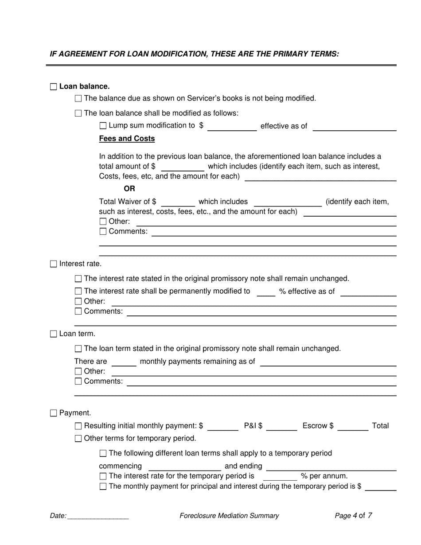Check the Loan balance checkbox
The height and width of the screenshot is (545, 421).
tap(54, 87)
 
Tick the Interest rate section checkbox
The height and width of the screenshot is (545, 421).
tap(54, 264)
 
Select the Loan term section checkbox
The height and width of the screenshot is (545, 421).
tap(54, 334)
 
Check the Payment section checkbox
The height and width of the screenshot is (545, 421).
tap(54, 413)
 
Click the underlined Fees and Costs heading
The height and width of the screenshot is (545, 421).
tap(127, 139)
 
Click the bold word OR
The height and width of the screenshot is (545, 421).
tap(129, 189)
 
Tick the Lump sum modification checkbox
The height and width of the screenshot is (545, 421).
tap(103, 126)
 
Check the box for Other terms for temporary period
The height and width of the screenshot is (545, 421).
tap(78, 439)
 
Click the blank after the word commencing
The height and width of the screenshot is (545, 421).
tap(184, 467)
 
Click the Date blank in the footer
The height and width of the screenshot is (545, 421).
tap(98, 517)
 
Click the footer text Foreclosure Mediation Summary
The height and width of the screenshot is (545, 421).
tap(229, 516)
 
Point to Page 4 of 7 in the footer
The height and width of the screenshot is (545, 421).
tap(353, 516)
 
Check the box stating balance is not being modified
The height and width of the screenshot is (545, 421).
tap(78, 99)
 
